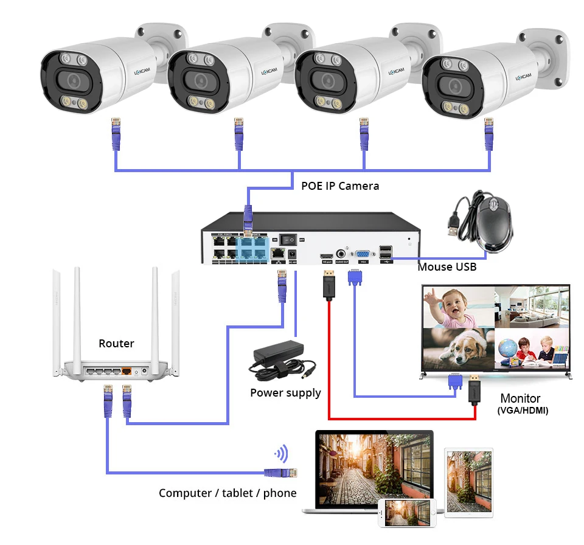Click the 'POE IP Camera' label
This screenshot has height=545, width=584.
tap(340, 186)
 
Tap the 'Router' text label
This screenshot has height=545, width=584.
tap(116, 344)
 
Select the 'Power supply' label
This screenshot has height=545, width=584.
tap(285, 393)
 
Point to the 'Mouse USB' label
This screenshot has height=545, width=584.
tap(447, 266)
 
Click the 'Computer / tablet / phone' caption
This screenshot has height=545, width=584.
tap(228, 493)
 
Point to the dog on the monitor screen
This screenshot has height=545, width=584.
tap(457, 349)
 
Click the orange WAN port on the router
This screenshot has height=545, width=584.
tap(127, 370)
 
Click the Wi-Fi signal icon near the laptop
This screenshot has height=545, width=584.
tap(281, 453)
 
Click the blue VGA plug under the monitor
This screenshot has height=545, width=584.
tap(454, 381)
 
